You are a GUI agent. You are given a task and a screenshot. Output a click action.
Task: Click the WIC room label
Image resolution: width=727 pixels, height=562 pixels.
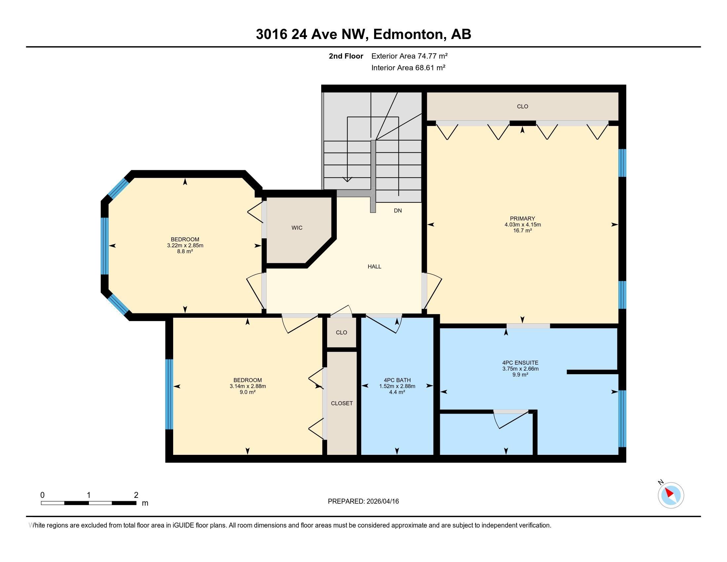click(297, 228)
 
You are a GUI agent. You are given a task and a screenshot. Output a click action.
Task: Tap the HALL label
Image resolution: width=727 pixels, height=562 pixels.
click(374, 266)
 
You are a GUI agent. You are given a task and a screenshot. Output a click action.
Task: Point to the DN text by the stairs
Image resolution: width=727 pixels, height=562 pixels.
click(398, 210)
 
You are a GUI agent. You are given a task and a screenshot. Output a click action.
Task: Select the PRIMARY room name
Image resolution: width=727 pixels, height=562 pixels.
click(522, 219)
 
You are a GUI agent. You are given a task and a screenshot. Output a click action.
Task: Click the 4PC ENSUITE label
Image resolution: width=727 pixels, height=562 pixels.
click(520, 363)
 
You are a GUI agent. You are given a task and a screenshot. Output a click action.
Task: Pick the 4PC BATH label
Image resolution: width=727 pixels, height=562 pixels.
click(397, 380)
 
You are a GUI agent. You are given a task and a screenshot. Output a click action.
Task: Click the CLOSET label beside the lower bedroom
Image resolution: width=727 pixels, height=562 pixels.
click(342, 403)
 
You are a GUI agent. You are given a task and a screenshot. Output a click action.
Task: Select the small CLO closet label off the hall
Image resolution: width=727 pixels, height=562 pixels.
click(342, 332)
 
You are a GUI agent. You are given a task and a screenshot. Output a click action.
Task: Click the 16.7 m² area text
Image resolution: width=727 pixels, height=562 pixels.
click(522, 230)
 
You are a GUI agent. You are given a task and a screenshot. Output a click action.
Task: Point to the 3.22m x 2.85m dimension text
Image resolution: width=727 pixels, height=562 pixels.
click(185, 245)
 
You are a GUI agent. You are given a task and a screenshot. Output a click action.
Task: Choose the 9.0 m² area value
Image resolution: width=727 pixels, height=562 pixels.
click(247, 392)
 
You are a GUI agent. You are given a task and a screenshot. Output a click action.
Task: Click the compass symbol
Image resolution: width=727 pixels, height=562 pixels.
click(671, 495)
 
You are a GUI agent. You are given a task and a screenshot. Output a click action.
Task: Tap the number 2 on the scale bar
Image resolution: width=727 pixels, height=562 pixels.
click(136, 495)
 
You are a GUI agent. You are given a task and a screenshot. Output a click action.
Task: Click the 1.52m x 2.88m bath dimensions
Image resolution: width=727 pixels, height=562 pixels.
click(397, 386)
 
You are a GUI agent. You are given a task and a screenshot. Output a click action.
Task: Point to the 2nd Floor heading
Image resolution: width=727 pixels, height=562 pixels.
click(346, 56)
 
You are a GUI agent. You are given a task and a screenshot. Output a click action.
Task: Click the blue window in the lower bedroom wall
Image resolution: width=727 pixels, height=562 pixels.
click(169, 394)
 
